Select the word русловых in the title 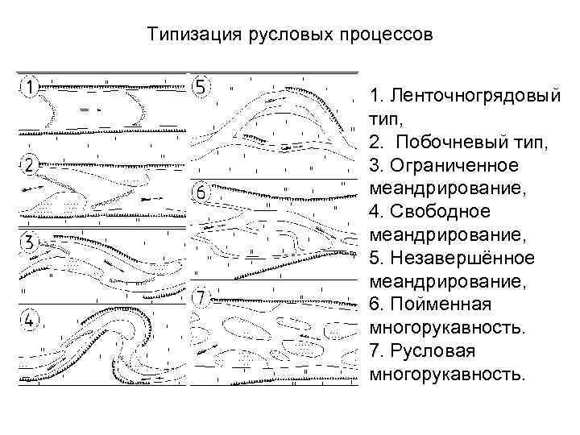278,36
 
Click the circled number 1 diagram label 29,85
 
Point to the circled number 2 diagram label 29,165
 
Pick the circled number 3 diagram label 29,242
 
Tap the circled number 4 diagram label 29,320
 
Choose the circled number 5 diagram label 201,85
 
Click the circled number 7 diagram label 201,298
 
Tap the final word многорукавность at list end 447,375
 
